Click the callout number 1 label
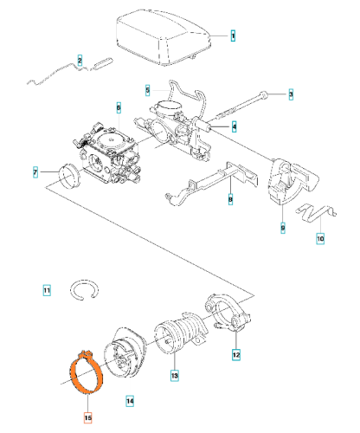point(233,36)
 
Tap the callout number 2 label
point(80,61)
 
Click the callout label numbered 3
point(291,94)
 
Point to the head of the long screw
point(264,95)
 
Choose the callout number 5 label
point(148,90)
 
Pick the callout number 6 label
point(119,107)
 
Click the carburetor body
point(107,155)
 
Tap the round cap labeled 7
point(69,176)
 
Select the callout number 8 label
point(230,199)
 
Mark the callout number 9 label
point(283,228)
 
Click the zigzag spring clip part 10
point(316,213)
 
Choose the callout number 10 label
point(320,239)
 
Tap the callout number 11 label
point(47,290)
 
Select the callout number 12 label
point(236,355)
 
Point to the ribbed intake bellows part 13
point(181,333)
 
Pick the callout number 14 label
point(130,401)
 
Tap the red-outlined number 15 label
point(88,417)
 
